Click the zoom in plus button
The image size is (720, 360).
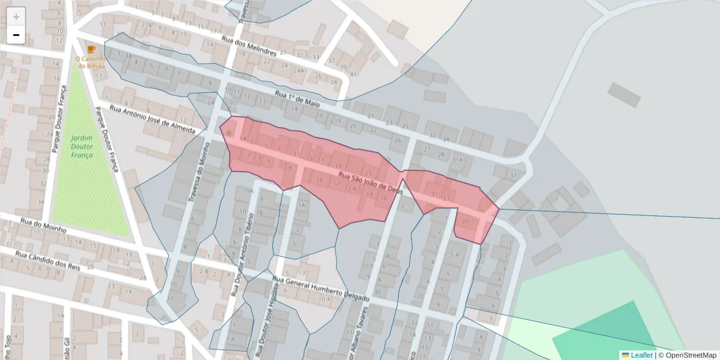(16, 17)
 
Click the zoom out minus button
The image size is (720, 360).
(16, 35)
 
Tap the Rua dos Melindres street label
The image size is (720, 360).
(249, 46)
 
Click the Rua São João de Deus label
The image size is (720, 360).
(370, 182)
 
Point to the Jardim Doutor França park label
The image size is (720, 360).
(82, 146)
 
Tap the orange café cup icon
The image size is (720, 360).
(91, 49)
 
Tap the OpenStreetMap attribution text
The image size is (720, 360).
(690, 355)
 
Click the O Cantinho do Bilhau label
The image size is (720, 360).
(91, 62)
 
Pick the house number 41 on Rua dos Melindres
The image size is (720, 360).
(353, 74)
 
